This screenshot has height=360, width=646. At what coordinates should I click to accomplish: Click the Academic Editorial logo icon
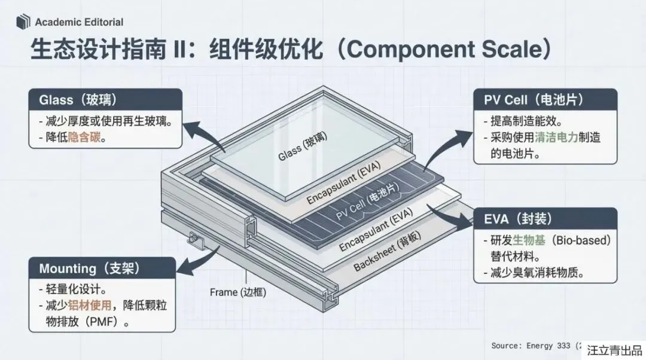pyautogui.click(x=23, y=22)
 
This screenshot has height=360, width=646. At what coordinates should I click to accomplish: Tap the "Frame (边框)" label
pyautogui.click(x=238, y=292)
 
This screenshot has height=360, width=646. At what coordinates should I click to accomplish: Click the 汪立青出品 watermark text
pyautogui.click(x=614, y=350)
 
